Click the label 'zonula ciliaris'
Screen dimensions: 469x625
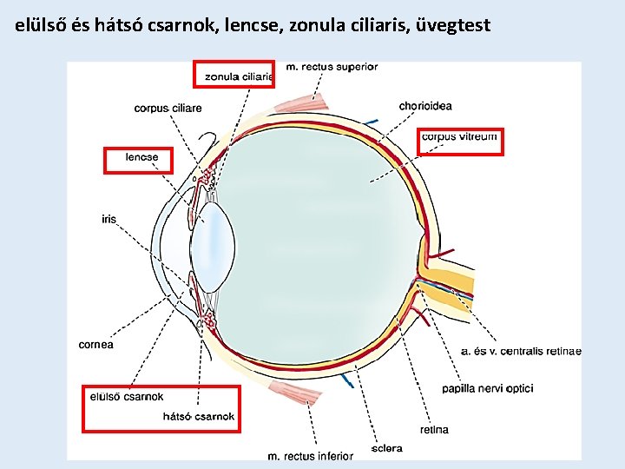(x=239, y=76)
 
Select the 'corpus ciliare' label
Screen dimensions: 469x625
(x=168, y=109)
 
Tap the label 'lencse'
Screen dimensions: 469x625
(x=141, y=157)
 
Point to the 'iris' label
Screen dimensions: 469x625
(x=109, y=220)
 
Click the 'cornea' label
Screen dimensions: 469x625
(x=95, y=345)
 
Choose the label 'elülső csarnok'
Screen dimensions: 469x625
(x=127, y=397)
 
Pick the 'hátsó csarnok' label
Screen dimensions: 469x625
(x=199, y=417)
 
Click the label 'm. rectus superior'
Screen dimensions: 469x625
(x=332, y=67)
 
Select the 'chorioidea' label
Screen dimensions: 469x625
(x=425, y=106)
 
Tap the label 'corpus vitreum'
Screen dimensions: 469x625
(x=459, y=136)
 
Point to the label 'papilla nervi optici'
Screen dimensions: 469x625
(x=487, y=388)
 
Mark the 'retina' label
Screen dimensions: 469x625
(x=434, y=430)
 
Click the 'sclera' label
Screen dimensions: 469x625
(x=387, y=449)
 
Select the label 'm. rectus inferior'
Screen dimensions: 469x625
(x=310, y=455)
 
